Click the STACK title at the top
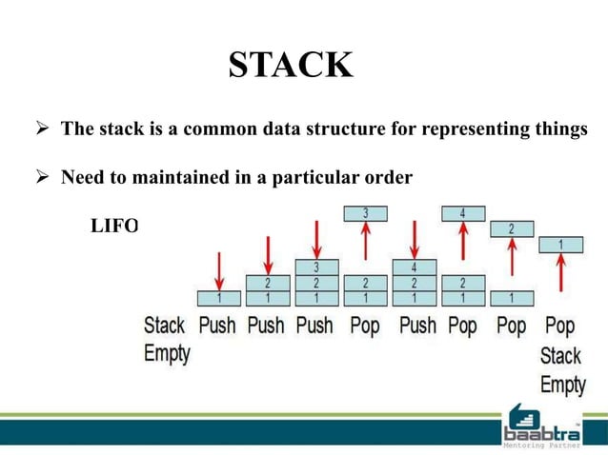coord(291,65)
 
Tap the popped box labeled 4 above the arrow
coord(462,213)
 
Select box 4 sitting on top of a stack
coord(414,267)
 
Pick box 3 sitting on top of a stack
coord(315,267)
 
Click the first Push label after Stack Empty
coord(216,326)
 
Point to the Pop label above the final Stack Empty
coord(560,326)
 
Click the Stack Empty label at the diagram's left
coord(165,339)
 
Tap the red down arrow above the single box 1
coord(218,268)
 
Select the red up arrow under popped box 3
coord(364,247)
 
